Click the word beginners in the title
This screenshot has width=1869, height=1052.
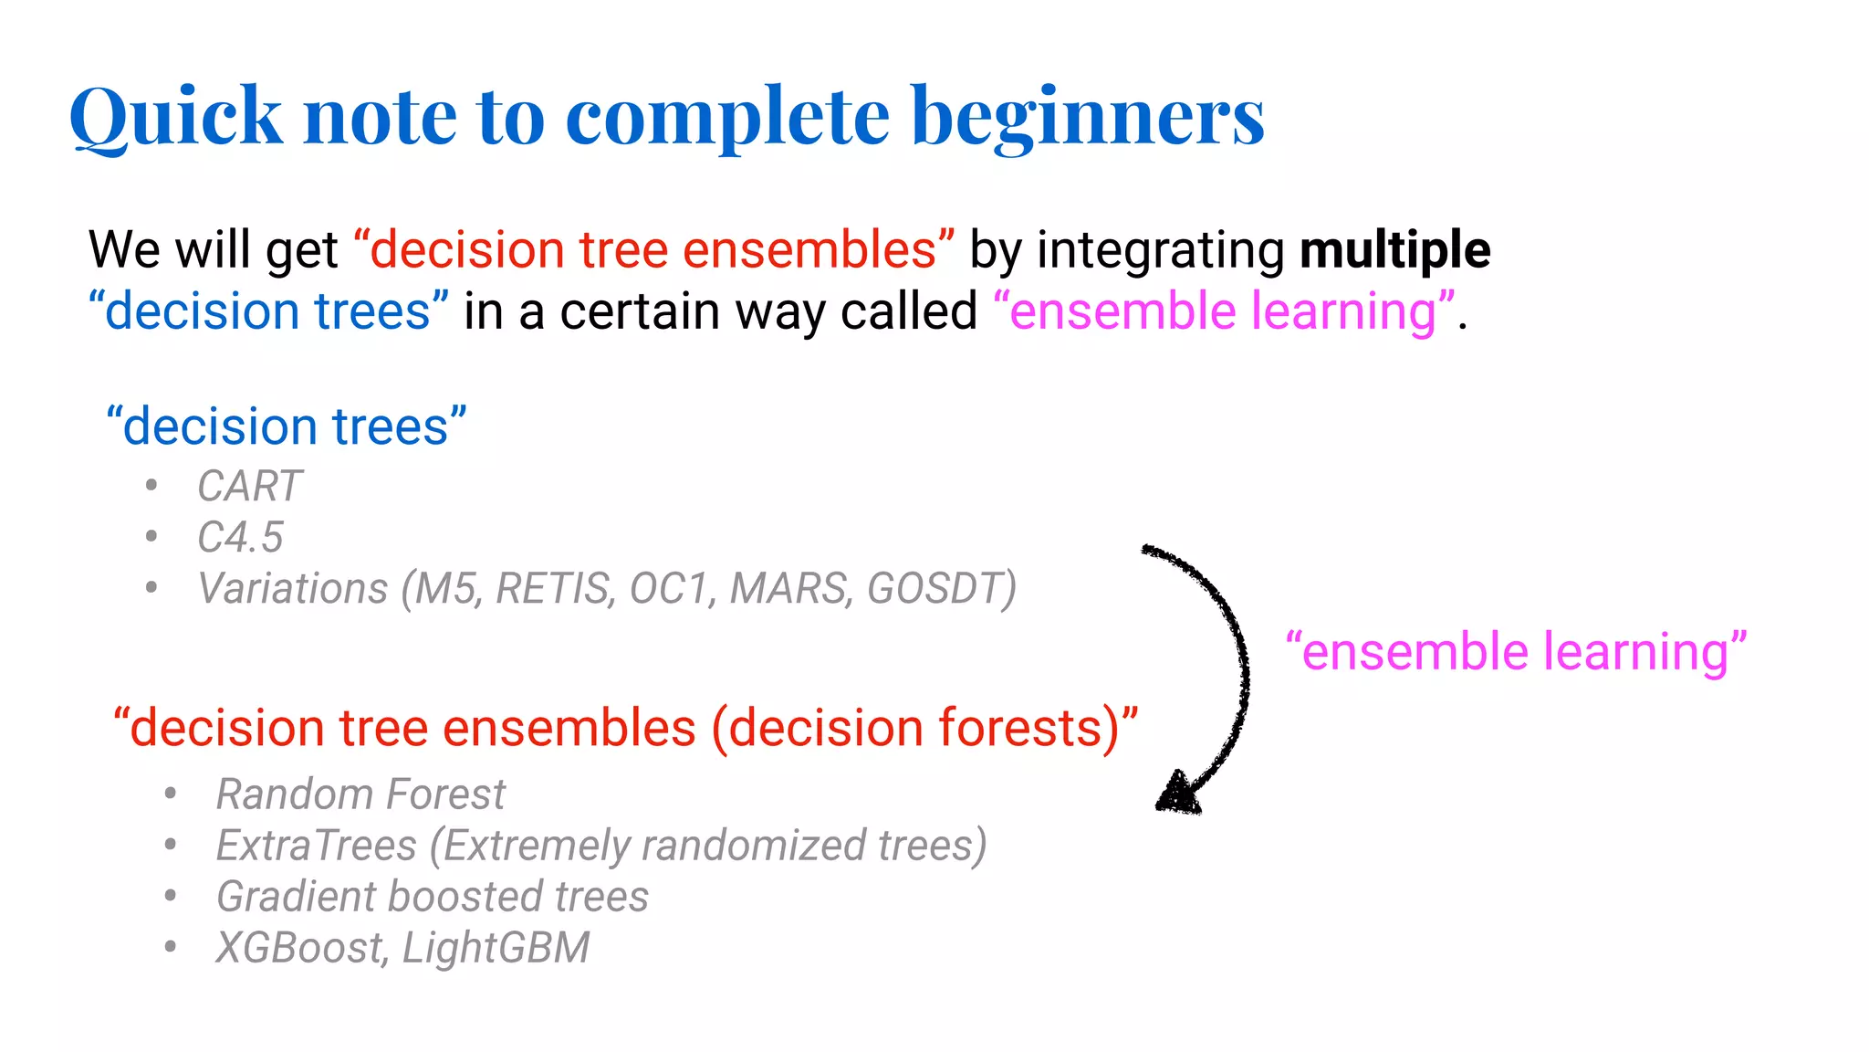click(1088, 117)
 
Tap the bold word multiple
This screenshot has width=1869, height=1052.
click(1394, 250)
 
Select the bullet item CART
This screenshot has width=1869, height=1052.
click(249, 486)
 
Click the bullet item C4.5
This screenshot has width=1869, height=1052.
click(240, 537)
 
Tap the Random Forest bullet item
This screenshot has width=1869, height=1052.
click(360, 794)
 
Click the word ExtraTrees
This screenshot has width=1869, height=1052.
click(316, 846)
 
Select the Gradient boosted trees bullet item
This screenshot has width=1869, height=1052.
click(432, 897)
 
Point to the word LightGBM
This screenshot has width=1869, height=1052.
click(496, 948)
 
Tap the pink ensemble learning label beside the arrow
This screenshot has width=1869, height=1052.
click(1515, 652)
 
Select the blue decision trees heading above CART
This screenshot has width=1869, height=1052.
click(286, 426)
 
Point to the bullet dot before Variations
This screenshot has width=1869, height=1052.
click(151, 587)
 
